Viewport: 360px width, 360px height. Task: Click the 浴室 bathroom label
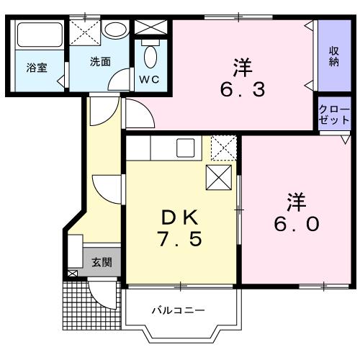pos(37,68)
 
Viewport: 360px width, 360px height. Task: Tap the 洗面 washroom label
pos(100,62)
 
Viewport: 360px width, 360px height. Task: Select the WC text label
pos(150,78)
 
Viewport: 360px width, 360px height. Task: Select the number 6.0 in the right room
pos(294,223)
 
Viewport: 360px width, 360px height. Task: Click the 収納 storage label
pos(335,56)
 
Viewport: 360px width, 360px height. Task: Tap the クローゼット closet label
pos(335,114)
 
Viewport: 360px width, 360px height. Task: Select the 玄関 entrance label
pos(101,262)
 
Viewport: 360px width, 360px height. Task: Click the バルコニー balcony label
pos(178,311)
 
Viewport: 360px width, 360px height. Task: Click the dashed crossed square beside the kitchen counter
pos(223,149)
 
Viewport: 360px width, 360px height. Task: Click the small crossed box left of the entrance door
pos(72,274)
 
